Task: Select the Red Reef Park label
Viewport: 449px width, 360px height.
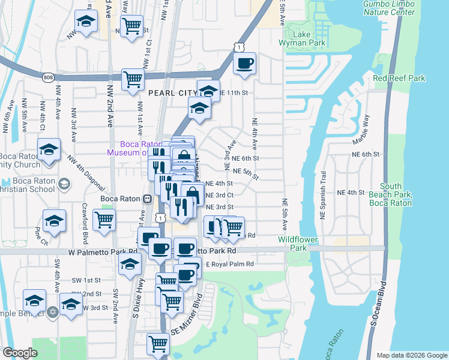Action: click(x=399, y=79)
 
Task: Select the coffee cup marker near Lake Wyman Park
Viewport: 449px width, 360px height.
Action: click(x=244, y=64)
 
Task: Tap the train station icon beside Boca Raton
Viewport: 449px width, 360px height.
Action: click(x=146, y=199)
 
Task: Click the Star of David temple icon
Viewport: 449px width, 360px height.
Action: click(x=52, y=312)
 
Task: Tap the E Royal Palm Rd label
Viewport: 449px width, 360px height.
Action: click(x=231, y=263)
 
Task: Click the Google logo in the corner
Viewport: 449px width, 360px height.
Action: click(x=20, y=353)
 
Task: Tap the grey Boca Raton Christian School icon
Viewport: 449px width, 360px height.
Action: click(x=63, y=184)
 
